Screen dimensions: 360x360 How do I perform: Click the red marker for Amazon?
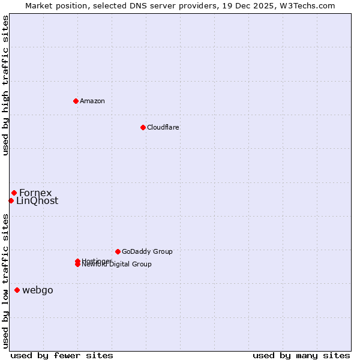[76, 101]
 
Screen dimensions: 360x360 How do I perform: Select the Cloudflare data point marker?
[143, 127]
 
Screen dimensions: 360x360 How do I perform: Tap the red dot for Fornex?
[14, 193]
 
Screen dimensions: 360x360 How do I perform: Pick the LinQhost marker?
[11, 200]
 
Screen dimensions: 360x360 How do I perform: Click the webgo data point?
[17, 290]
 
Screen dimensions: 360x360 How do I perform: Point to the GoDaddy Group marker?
[118, 251]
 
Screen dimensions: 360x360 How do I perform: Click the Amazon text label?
[92, 101]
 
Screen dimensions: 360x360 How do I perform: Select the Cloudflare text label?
[163, 127]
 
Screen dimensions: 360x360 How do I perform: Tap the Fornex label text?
[35, 193]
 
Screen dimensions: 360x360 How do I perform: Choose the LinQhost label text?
[37, 201]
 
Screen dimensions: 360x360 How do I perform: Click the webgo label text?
[38, 290]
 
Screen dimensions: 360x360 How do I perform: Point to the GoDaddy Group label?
[147, 251]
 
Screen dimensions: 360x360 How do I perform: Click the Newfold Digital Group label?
[117, 265]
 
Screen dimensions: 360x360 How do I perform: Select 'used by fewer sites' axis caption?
[62, 355]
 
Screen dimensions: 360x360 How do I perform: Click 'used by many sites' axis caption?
[301, 355]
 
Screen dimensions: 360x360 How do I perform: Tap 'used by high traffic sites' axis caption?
[6, 86]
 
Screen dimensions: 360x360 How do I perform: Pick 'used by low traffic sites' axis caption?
[6, 281]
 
